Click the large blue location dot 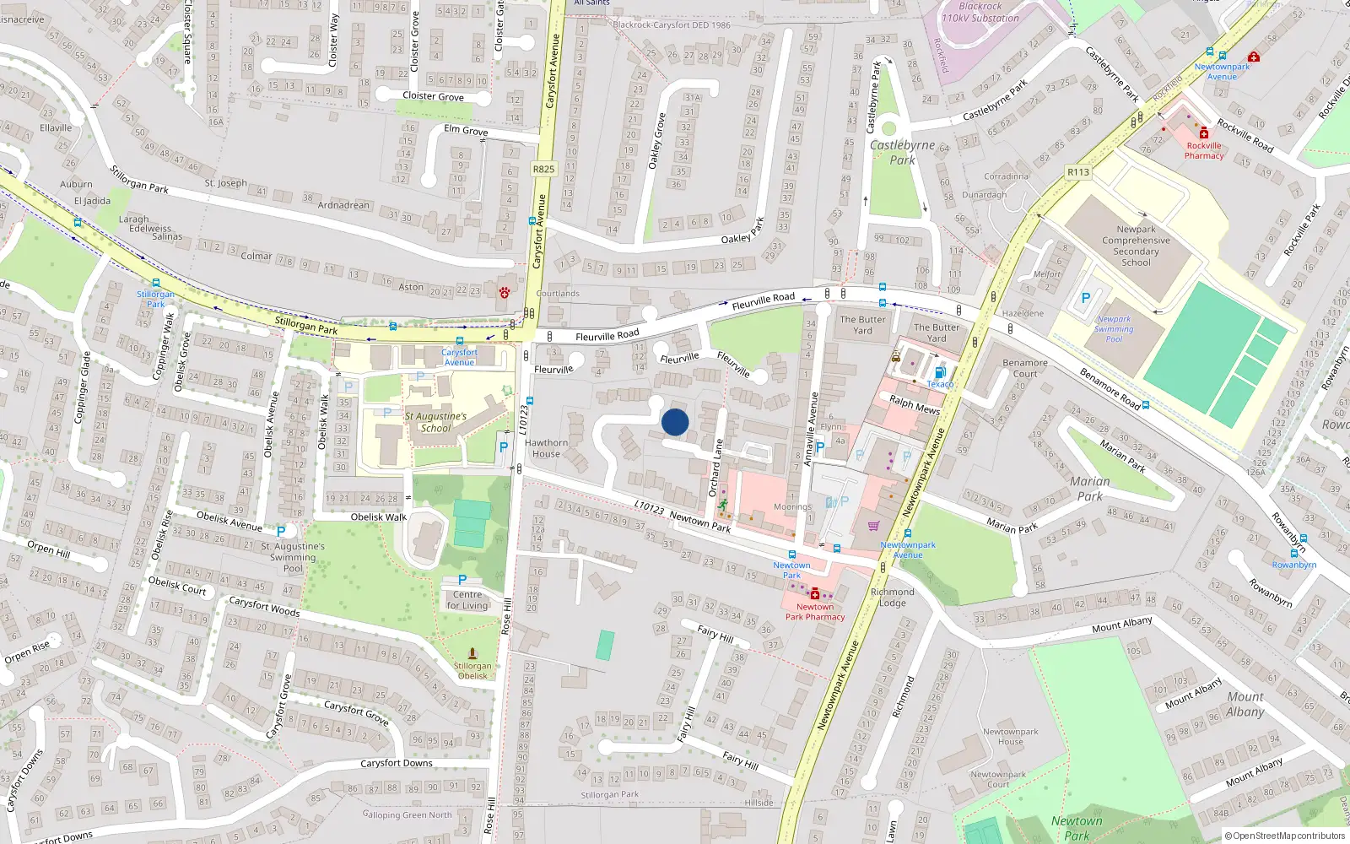coord(675,422)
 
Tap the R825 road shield coord(543,169)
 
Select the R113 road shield coord(1077,172)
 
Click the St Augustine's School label coord(435,422)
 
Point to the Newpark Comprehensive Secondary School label coord(1136,246)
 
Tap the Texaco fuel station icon coord(939,372)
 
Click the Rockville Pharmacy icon coord(1204,133)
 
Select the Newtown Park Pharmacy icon coord(814,594)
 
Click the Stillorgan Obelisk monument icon coord(472,653)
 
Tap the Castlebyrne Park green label coord(902,152)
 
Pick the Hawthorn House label coord(546,448)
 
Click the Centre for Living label coord(467,600)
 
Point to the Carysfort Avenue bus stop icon coord(459,342)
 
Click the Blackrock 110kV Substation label coord(980,12)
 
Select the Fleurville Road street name coord(607,336)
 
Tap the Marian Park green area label coord(1089,489)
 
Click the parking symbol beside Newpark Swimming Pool coord(1086,298)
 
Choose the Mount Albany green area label coord(1245,704)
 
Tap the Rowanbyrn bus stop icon coord(1293,554)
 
